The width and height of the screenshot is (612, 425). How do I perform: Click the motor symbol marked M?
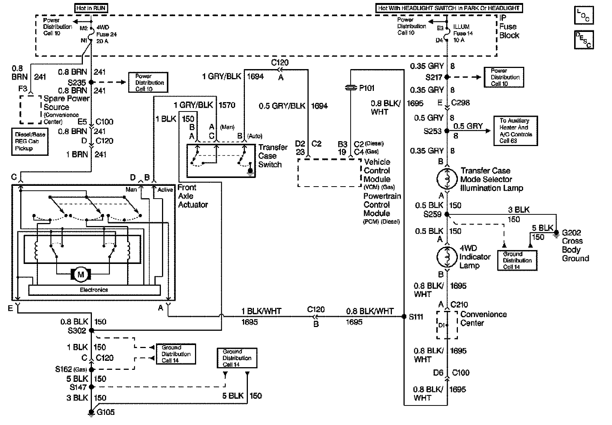point(81,274)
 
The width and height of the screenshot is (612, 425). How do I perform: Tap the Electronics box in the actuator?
point(94,290)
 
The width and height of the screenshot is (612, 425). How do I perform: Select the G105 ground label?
point(106,412)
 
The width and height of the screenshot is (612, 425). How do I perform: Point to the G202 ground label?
point(571,233)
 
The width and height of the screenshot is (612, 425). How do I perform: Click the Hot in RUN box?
point(91,8)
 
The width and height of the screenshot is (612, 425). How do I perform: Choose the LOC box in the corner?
point(583,15)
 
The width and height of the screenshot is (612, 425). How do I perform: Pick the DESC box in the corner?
point(583,40)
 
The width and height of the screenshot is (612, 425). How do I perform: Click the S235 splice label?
point(77,82)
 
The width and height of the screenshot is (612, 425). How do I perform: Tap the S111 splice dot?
point(404,317)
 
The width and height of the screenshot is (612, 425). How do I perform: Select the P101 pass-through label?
point(367,88)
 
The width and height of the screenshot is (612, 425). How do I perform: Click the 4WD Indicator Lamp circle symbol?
point(447,257)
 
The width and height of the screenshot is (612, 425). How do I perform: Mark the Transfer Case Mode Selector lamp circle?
point(447,179)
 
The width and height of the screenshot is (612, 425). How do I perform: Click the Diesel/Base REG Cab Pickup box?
point(30,142)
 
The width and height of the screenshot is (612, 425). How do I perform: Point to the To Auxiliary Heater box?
point(516,131)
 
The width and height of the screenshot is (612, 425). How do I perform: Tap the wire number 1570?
point(227,105)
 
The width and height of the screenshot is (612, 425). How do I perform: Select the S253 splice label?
point(432,131)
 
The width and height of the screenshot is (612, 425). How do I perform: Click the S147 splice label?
point(78,387)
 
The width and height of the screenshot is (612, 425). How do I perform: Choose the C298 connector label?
point(460,102)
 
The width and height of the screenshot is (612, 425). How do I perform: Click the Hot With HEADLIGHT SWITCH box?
point(449,8)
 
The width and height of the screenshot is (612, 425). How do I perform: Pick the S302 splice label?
point(77,331)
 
